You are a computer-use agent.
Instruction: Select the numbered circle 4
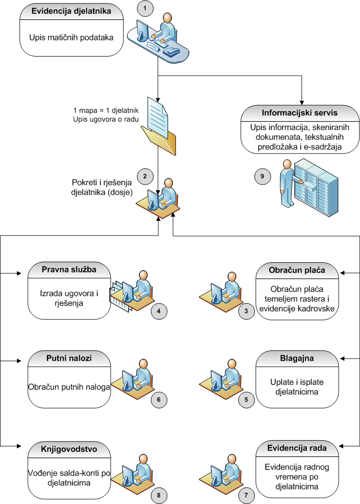158,310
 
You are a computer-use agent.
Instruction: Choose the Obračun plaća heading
297,270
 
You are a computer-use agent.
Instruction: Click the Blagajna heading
297,359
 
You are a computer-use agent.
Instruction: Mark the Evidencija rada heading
297,447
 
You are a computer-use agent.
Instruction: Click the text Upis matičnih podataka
71,37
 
